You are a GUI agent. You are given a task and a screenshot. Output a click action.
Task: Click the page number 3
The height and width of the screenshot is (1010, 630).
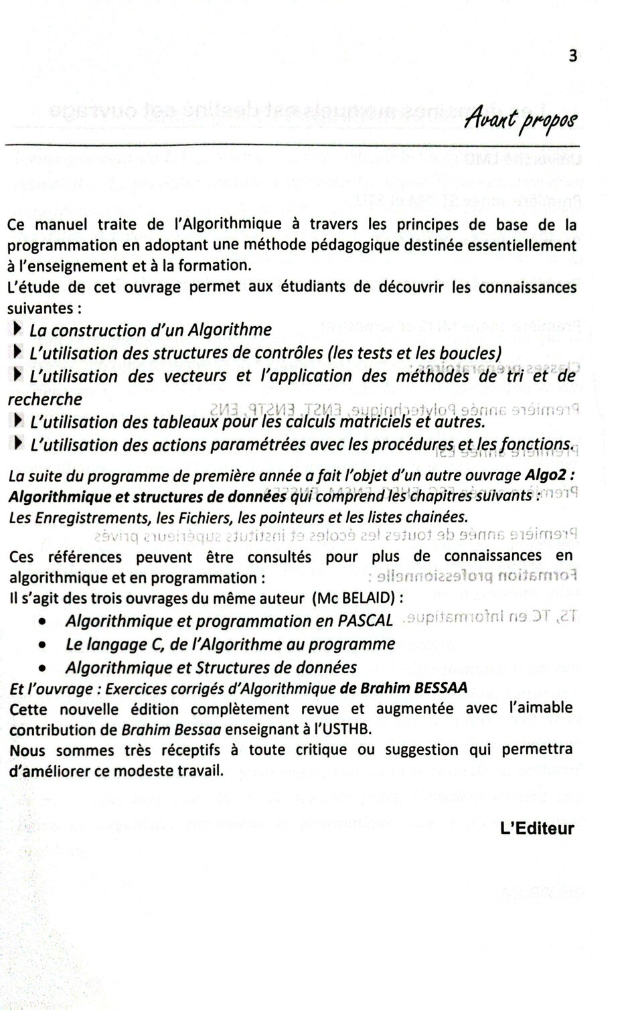(x=572, y=56)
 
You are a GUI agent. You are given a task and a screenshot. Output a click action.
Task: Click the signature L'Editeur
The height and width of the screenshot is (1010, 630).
(x=537, y=828)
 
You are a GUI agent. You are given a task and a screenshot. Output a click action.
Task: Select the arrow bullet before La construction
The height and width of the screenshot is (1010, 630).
(x=17, y=329)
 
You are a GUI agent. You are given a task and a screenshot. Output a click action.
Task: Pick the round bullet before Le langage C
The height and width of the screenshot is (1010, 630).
(x=42, y=646)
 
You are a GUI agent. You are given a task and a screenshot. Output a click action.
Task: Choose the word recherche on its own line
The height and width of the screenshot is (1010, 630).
(x=45, y=400)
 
